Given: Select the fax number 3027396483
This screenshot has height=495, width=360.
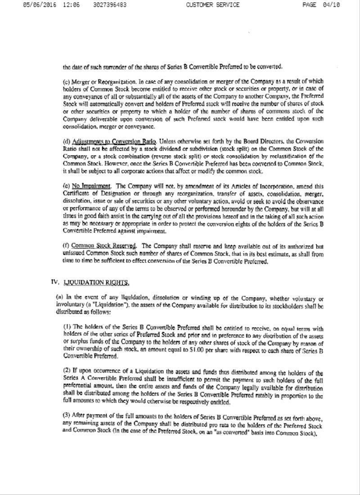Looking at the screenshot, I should tap(110, 5).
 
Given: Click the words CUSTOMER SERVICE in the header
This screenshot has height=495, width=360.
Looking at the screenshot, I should tap(212, 5).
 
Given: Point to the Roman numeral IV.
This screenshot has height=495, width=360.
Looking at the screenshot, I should tap(55, 282).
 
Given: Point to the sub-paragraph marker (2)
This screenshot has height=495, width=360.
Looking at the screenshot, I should tap(67, 373).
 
